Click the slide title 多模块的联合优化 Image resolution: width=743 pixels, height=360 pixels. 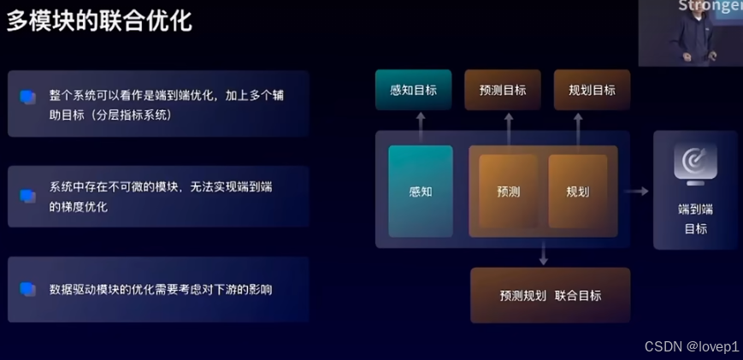click(x=99, y=21)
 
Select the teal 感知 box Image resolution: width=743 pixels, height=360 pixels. click(x=421, y=192)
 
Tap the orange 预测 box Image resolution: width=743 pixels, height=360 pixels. click(x=508, y=192)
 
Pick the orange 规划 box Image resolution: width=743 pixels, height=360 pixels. click(x=578, y=192)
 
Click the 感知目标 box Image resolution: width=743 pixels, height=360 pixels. click(x=414, y=90)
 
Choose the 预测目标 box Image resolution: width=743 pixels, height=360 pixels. click(x=503, y=90)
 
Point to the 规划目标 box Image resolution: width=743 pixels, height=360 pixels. click(x=592, y=90)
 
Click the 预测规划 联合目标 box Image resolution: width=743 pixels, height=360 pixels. click(x=551, y=295)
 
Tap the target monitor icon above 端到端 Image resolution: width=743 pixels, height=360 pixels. click(x=695, y=162)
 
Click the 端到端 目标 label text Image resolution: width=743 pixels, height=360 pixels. click(x=695, y=219)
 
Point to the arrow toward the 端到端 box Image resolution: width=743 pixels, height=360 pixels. click(x=638, y=192)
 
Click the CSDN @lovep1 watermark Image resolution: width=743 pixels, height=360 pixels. click(x=692, y=346)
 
